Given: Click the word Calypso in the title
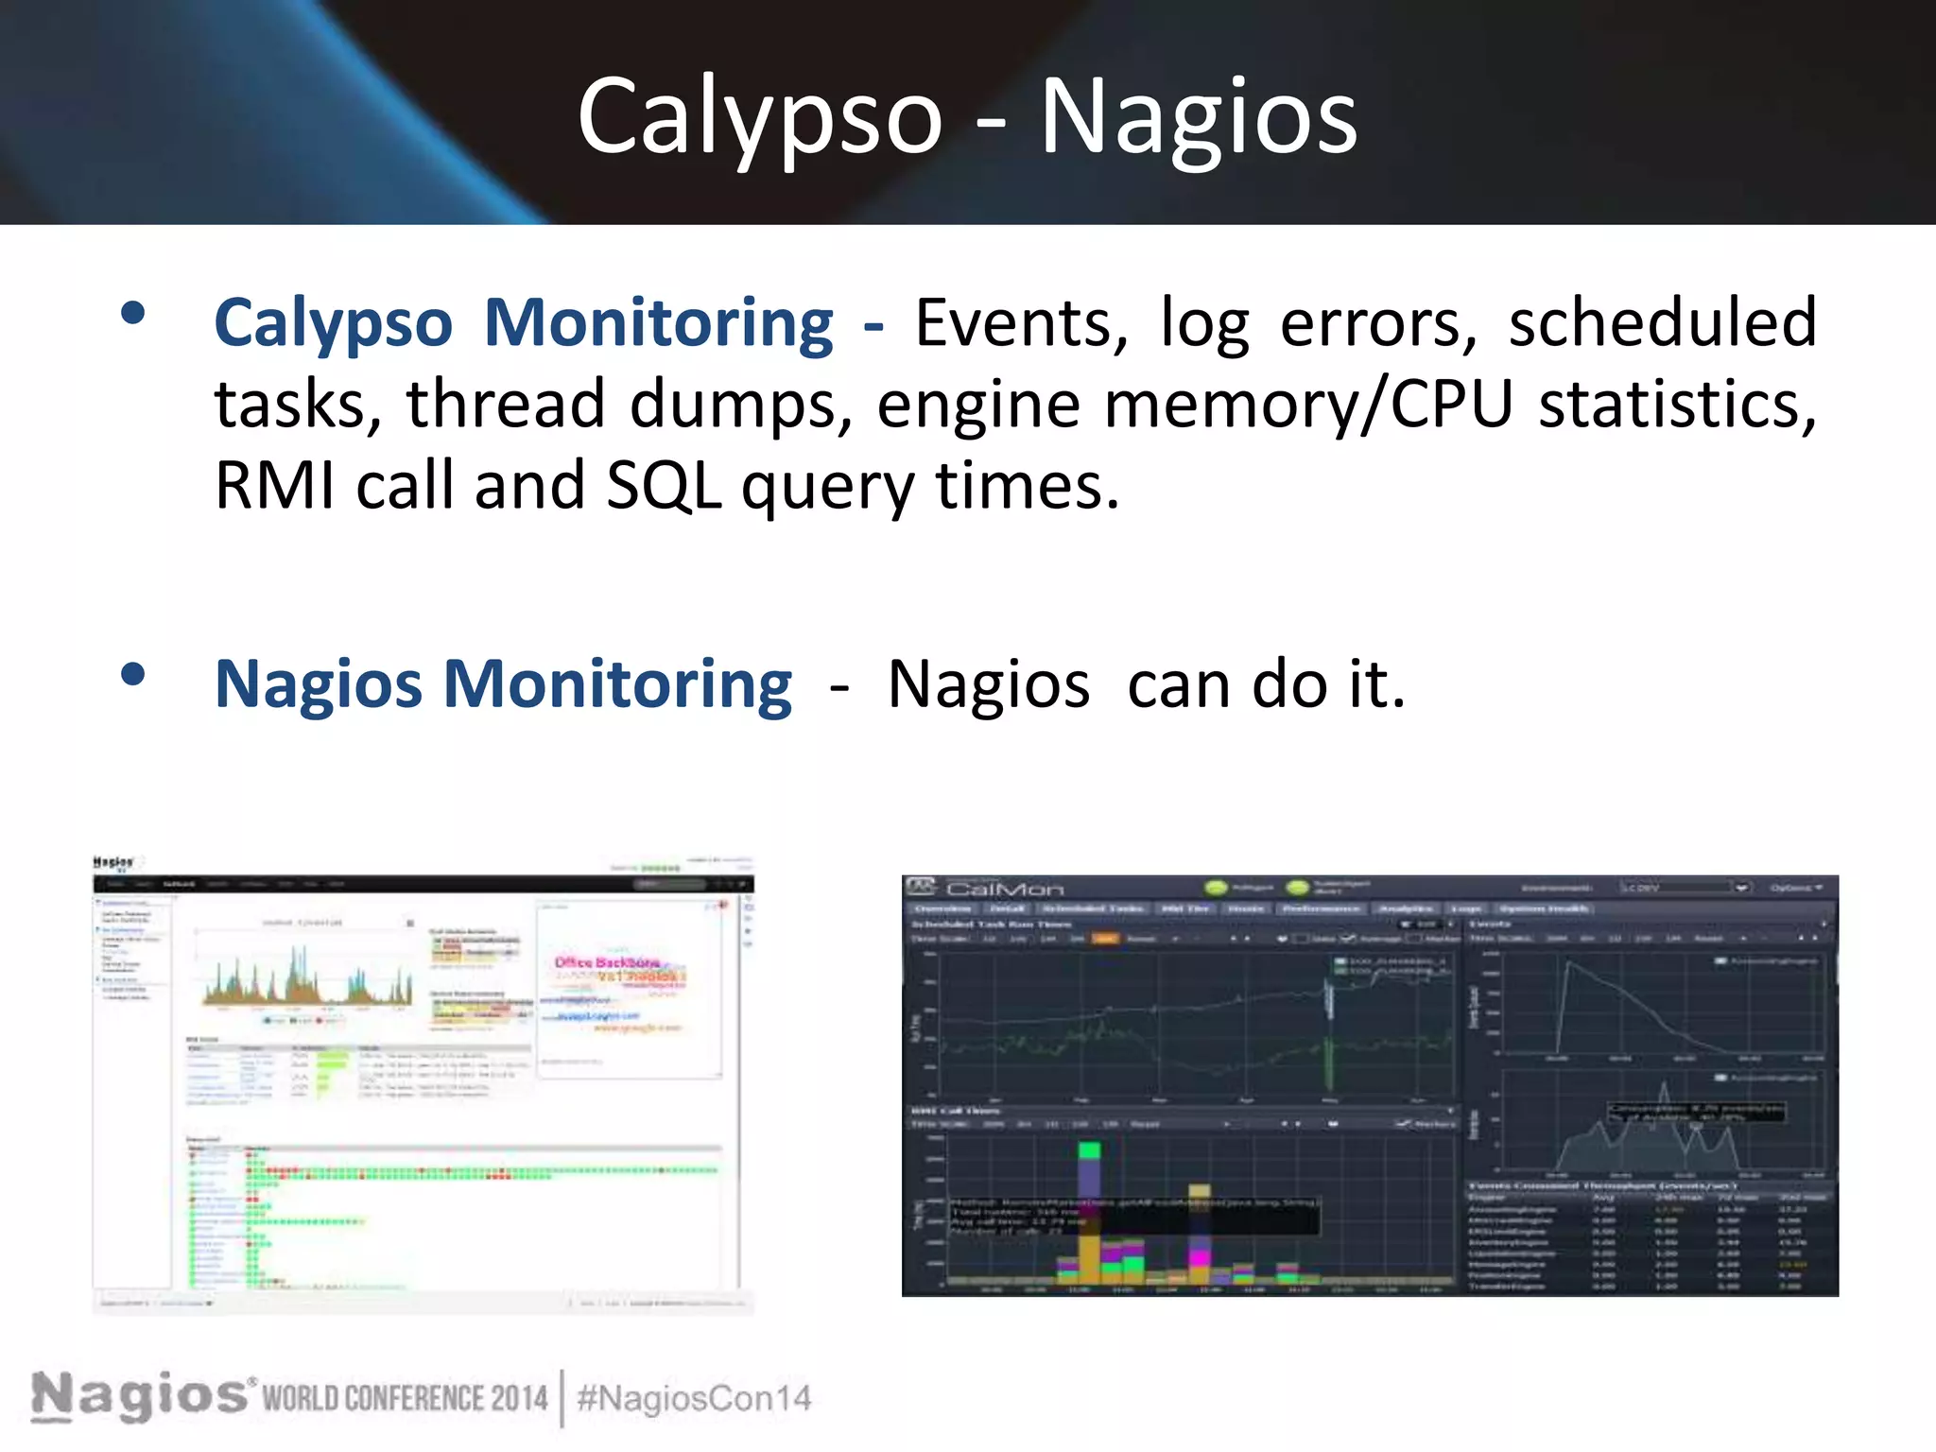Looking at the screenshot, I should (x=759, y=117).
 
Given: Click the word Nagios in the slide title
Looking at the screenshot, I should (x=1198, y=117).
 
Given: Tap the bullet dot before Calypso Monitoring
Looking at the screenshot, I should (x=133, y=313).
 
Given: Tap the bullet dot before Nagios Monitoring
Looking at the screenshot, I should (x=133, y=674).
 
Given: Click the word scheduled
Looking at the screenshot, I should (x=1662, y=323).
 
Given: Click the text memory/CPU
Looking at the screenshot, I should (x=1308, y=405).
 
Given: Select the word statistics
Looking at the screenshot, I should (x=1677, y=405).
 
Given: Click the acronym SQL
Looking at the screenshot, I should (x=664, y=486).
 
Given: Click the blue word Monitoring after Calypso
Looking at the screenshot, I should (x=658, y=323).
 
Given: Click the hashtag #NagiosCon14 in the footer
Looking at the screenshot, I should (x=694, y=1398).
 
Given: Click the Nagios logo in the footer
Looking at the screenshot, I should (x=140, y=1395).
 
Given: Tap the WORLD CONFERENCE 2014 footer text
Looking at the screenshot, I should (x=405, y=1398).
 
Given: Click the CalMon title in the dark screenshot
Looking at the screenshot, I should (x=1004, y=889).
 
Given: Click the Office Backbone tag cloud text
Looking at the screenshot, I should (x=606, y=962).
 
